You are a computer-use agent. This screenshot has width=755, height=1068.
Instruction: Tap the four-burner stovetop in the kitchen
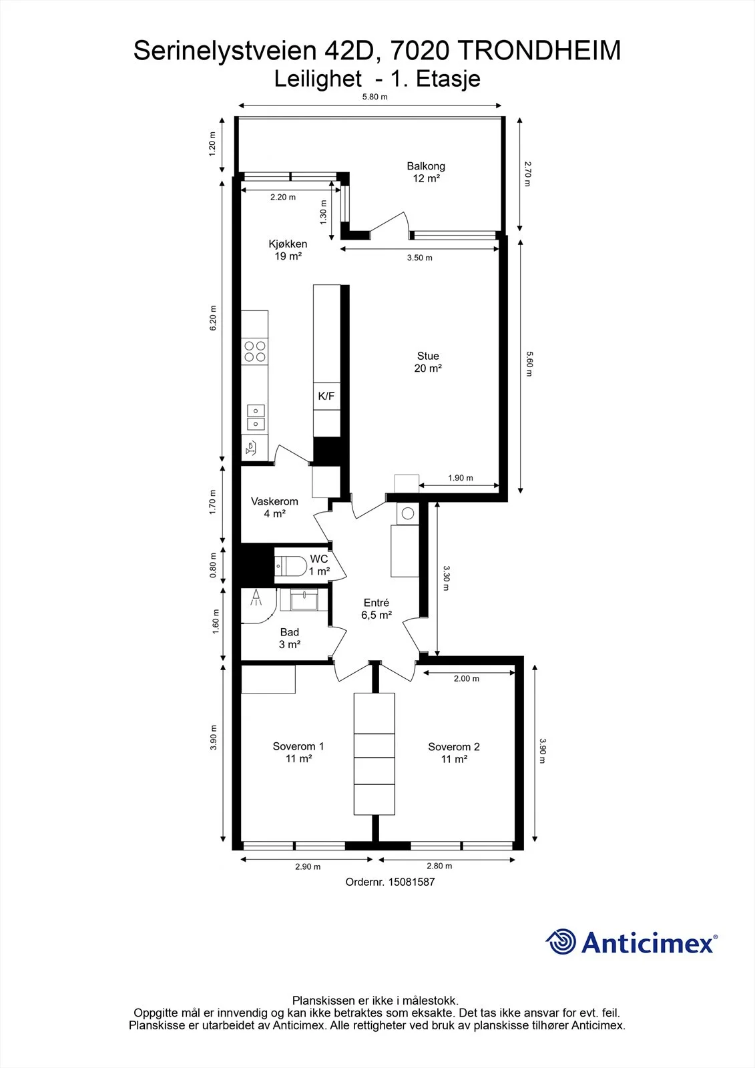255,351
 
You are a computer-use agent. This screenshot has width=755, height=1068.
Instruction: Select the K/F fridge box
326,396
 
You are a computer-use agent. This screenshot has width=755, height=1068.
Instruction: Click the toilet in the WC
291,566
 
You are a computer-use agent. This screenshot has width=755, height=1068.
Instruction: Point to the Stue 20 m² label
428,362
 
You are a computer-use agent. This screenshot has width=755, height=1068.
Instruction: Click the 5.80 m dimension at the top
375,97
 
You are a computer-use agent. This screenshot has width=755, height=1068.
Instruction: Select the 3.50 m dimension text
420,258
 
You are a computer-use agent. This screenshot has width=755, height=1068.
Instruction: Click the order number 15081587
412,882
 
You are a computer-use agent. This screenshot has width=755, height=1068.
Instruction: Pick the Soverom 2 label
453,753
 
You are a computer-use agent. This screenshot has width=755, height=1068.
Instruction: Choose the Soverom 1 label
298,752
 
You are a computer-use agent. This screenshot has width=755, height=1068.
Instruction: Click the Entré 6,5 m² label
376,609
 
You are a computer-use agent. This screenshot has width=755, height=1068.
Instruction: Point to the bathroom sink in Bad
304,599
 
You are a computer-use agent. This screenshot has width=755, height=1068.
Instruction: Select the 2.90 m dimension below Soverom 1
308,867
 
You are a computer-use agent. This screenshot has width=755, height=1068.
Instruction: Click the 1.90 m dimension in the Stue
460,478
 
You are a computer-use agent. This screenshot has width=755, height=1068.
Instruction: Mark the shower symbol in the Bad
256,597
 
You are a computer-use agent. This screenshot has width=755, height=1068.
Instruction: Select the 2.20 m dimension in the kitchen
283,197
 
